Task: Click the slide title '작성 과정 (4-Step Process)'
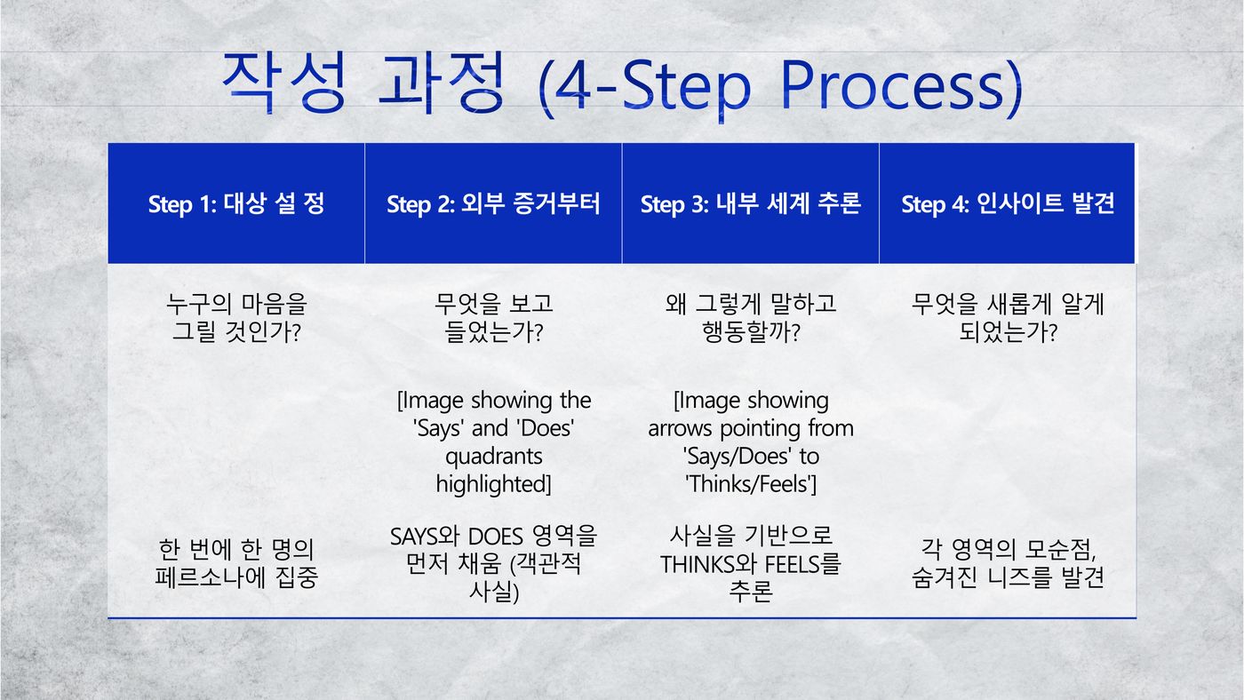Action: click(622, 85)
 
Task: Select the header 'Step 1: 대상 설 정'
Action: click(236, 203)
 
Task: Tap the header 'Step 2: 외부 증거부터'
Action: click(493, 203)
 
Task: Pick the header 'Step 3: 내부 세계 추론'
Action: click(751, 203)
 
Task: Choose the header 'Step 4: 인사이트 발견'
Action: click(1008, 203)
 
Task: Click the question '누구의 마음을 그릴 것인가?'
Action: click(236, 317)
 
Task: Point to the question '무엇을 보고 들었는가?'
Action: click(493, 317)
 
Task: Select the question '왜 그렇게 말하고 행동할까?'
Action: click(751, 317)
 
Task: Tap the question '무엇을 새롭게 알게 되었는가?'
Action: click(1008, 317)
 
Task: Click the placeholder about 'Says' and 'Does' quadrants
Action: click(494, 441)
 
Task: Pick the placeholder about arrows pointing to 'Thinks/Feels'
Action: click(751, 441)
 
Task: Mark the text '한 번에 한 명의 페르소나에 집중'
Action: click(236, 563)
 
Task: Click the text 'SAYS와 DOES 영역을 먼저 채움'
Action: click(493, 550)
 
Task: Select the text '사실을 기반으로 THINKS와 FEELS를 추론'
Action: click(751, 564)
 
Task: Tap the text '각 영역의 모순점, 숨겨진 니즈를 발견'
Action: click(1008, 563)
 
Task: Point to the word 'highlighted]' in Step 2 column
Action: click(494, 483)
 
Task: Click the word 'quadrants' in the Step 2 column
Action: click(494, 457)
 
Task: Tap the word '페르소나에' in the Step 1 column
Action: click(211, 577)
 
